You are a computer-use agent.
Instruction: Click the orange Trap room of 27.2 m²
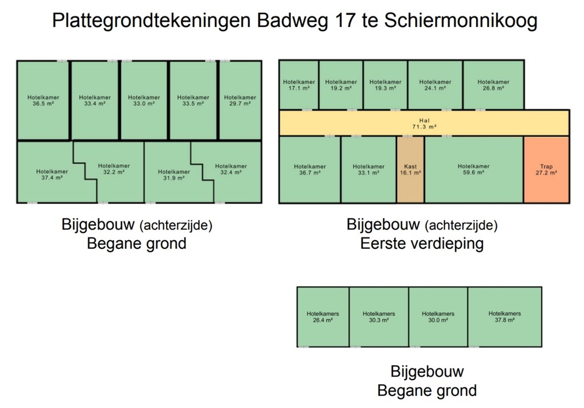[x=546, y=169]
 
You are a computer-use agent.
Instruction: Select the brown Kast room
[x=410, y=169]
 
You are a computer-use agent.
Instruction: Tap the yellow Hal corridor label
[x=424, y=123]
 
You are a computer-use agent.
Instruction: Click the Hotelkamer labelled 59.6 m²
[x=473, y=169]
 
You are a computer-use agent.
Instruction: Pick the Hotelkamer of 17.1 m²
[x=299, y=85]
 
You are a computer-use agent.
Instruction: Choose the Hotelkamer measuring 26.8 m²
[x=493, y=85]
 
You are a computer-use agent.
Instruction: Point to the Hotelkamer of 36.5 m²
[x=43, y=100]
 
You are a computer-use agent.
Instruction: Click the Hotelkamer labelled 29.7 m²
[x=240, y=100]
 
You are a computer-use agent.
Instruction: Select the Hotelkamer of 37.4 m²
[x=52, y=174]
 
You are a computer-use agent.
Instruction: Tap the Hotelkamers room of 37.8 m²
[x=504, y=317]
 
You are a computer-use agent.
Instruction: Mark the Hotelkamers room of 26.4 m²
[x=323, y=317]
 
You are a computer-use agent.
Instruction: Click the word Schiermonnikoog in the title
[x=461, y=21]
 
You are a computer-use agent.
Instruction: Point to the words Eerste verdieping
[x=422, y=244]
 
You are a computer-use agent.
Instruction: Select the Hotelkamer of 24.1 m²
[x=435, y=85]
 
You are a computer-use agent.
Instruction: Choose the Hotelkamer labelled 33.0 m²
[x=144, y=100]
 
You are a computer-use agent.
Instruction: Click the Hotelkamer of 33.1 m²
[x=368, y=169]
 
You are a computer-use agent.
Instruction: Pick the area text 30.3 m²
[x=379, y=320]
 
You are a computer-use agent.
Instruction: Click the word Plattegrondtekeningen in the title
[x=151, y=21]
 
